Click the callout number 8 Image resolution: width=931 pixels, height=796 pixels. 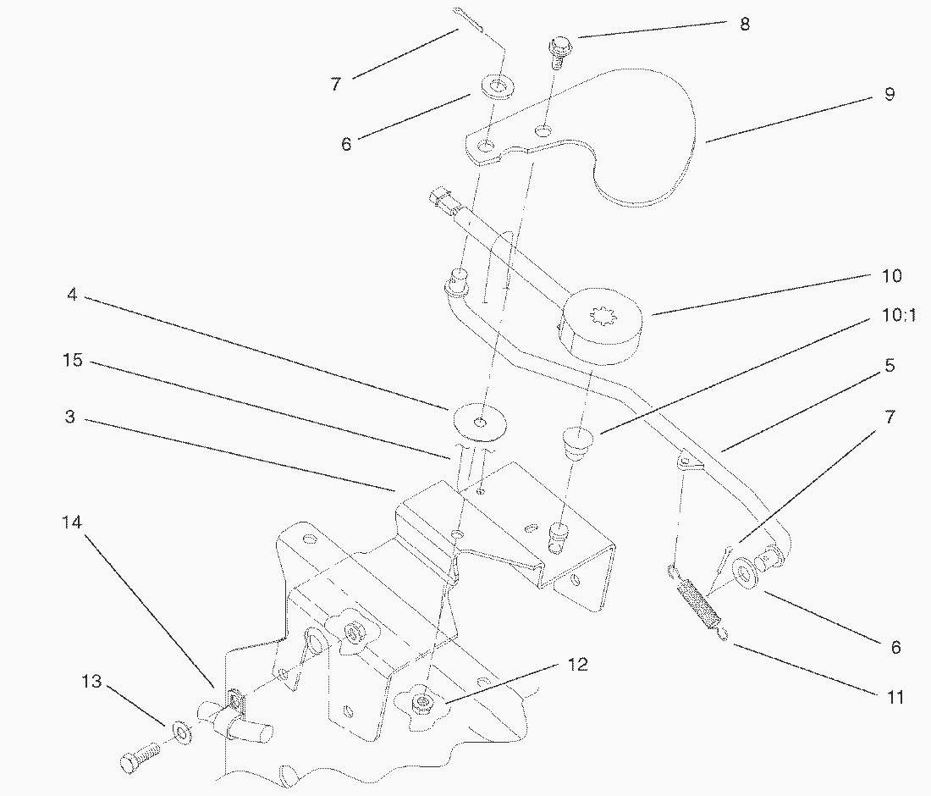744,24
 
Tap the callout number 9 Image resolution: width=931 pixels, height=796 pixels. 889,94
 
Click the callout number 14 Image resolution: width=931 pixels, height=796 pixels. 72,522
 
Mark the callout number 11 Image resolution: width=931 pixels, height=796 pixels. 895,697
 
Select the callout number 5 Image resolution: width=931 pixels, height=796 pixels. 889,366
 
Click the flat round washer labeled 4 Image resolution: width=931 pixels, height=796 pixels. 479,421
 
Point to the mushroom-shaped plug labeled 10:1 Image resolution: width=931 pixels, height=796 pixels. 578,441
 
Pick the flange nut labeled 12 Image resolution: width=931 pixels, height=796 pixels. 421,701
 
